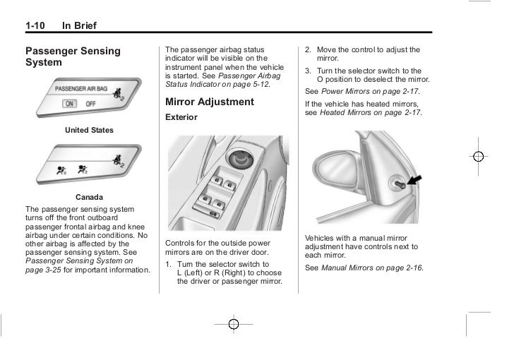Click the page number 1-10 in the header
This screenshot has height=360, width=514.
click(x=35, y=27)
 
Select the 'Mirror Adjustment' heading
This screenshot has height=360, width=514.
click(x=209, y=102)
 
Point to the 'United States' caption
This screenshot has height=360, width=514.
click(x=89, y=131)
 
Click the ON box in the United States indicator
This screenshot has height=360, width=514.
click(x=69, y=103)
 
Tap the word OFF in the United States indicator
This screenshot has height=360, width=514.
click(x=90, y=103)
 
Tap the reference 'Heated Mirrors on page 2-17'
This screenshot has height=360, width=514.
click(x=371, y=113)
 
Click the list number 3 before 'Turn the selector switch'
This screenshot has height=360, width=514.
click(x=308, y=71)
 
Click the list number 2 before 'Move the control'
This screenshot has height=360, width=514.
click(x=308, y=50)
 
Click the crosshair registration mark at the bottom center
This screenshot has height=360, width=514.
click(x=234, y=324)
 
